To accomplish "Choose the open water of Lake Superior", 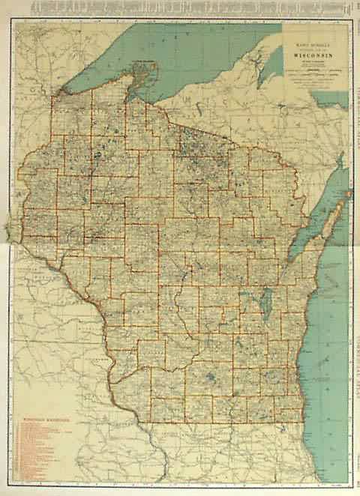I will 195,52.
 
